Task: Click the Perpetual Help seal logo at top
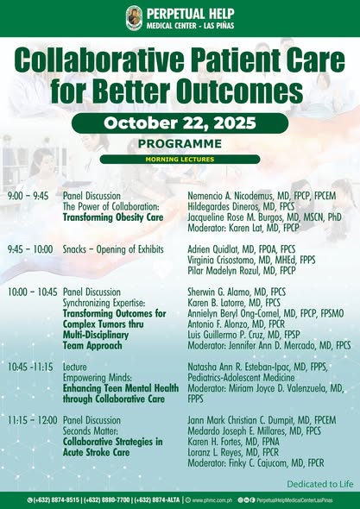(134, 17)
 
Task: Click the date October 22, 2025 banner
(180, 123)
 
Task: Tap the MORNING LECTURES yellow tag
(180, 159)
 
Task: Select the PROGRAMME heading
(180, 144)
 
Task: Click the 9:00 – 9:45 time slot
(28, 196)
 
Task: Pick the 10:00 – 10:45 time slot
(32, 292)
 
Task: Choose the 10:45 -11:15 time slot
(31, 367)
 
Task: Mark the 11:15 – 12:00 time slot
(32, 419)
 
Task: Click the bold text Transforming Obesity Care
(113, 217)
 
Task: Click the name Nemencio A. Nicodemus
(228, 196)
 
